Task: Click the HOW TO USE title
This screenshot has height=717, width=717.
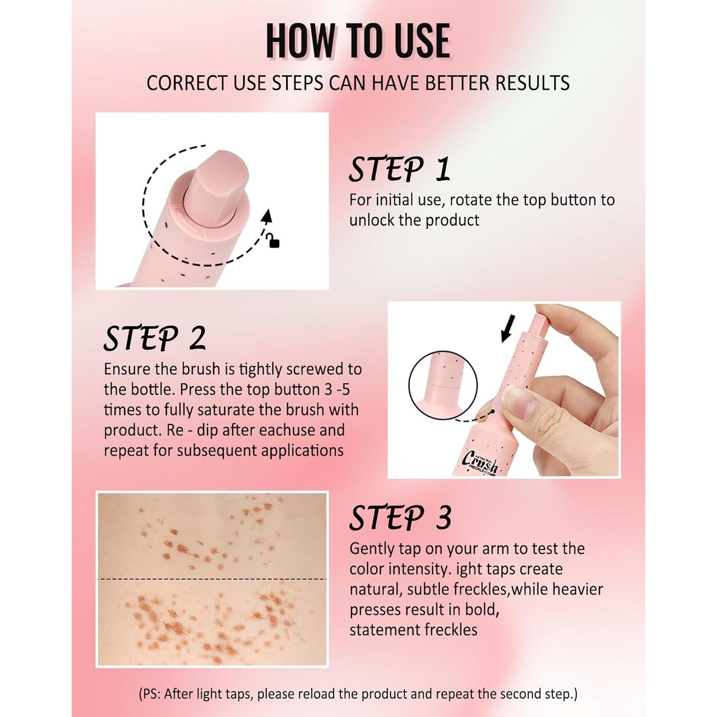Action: [x=358, y=41]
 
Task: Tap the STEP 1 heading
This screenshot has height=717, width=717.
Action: [x=400, y=169]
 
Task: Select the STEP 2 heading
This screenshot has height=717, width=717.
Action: [x=154, y=338]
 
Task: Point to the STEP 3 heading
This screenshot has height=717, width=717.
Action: [x=400, y=518]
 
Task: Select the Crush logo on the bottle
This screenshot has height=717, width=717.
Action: [x=480, y=462]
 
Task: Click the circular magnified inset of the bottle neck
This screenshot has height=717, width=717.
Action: [x=443, y=385]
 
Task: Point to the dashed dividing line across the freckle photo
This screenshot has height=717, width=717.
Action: [x=212, y=579]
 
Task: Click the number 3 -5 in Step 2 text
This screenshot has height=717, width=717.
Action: [x=337, y=390]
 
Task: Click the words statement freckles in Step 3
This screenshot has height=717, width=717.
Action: [x=413, y=630]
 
